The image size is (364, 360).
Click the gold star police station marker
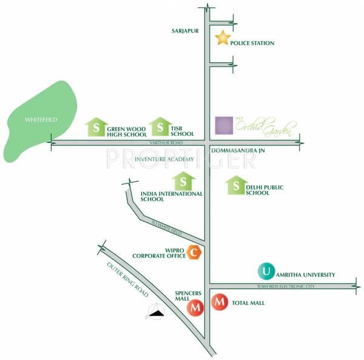click(223, 39)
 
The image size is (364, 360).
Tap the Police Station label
click(252, 44)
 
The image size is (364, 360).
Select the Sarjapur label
click(186, 28)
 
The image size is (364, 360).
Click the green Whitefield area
click(39, 121)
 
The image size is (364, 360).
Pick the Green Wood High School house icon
click(95, 127)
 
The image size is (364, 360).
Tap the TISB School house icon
click(160, 127)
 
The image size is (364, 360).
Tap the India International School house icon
click(183, 181)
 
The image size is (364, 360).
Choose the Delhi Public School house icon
click(235, 186)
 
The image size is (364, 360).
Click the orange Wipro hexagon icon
click(194, 253)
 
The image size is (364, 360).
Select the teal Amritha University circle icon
click(266, 271)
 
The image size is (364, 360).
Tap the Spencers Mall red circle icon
click(195, 308)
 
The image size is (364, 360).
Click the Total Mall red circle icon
click(220, 302)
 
